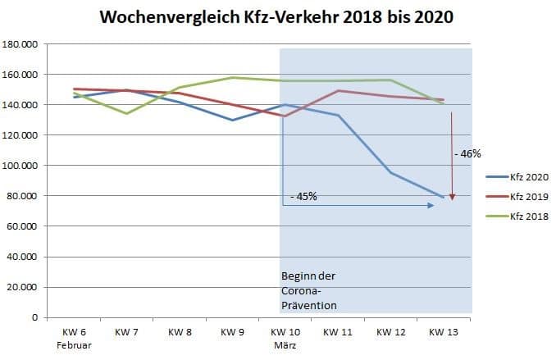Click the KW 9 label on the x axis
click(233, 333)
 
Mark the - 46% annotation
click(467, 153)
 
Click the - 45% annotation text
click(303, 196)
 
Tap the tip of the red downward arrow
click(452, 198)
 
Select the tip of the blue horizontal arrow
click(434, 205)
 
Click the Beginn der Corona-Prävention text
click(309, 290)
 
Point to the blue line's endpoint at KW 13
click(444, 198)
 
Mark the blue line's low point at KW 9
click(233, 121)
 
